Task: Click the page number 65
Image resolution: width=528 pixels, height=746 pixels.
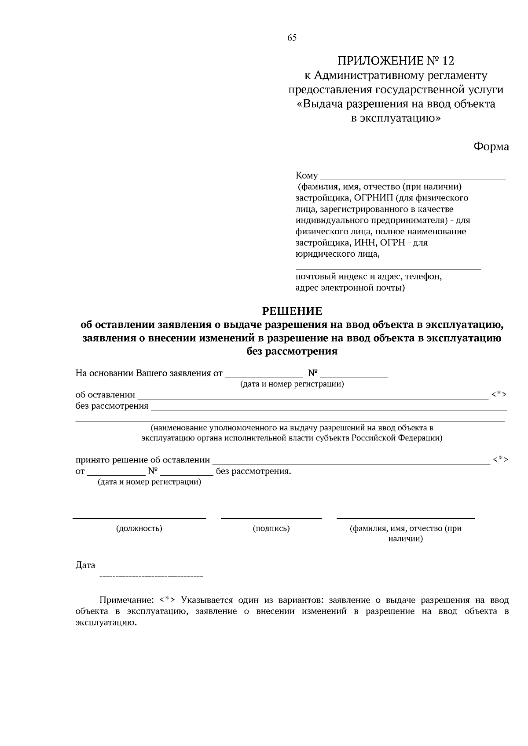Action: point(292,38)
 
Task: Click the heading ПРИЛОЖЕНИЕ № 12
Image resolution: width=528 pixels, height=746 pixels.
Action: point(396,61)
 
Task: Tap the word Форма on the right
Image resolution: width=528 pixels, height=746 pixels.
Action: point(491,147)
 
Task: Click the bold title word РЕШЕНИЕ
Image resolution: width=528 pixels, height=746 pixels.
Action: point(292,312)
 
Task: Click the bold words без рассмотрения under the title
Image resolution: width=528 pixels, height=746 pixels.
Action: point(292,351)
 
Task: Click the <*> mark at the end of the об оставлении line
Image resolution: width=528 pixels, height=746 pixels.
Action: point(499,394)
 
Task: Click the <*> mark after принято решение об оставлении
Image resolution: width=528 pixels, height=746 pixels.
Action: point(501,459)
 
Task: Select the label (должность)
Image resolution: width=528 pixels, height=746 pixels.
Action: point(139,528)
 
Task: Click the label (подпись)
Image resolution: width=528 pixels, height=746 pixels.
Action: point(271,528)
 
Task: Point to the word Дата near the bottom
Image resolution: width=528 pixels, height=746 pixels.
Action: point(85,565)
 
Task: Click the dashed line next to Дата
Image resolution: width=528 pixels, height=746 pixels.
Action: point(151,576)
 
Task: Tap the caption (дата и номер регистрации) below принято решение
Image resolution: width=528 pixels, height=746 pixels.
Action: point(149,482)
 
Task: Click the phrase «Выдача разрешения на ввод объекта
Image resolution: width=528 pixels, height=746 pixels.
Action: point(396,104)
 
